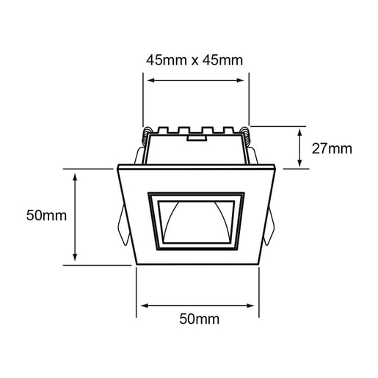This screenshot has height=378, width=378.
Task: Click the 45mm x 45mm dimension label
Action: (195, 60)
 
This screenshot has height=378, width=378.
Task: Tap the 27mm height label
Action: (332, 148)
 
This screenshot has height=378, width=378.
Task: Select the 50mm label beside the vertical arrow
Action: (46, 216)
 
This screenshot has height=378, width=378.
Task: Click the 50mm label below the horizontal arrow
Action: (200, 319)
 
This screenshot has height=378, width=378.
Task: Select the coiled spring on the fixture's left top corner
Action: (146, 136)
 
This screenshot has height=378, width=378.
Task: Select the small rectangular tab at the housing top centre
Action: (196, 137)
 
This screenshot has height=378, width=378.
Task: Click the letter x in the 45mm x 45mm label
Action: (195, 60)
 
